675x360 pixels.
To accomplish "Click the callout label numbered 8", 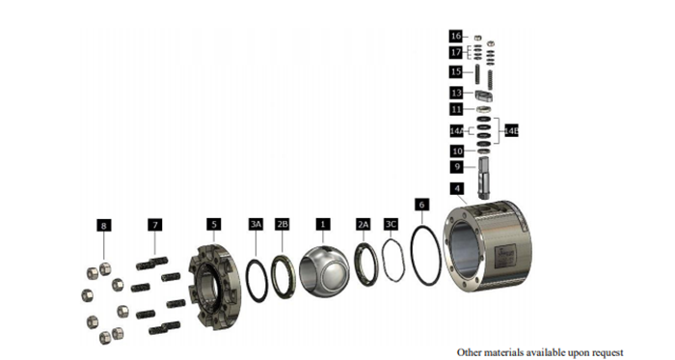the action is point(104,225).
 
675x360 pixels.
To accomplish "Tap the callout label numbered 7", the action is point(155,225).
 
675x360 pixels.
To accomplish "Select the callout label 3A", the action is point(256,224).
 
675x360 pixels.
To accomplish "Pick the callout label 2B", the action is point(283,224).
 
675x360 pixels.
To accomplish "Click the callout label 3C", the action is point(391,224).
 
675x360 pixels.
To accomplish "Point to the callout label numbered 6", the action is point(421,205).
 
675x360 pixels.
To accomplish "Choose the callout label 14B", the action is point(511,130).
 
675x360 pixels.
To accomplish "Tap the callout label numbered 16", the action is point(456,36).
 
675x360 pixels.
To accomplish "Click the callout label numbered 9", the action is point(457,167).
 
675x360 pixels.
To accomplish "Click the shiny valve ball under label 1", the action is point(324,271).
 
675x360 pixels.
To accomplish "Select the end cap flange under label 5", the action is point(215,287).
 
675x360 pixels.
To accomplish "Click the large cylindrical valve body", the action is point(487,245).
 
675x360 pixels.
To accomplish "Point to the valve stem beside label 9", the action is point(484,178).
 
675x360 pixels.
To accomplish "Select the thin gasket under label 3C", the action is point(384,260).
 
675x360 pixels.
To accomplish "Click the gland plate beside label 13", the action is point(484,96).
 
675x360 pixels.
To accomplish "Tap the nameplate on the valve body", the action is point(505,256).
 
